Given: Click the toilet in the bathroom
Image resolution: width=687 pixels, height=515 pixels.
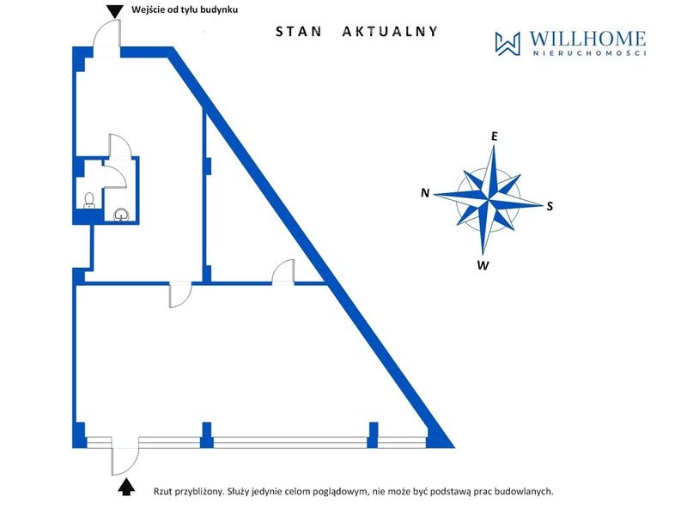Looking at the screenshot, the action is coord(89,201).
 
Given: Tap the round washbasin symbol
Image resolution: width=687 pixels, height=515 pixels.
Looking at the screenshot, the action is coord(121,215).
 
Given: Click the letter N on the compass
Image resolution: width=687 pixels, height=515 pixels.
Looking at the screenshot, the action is coord(425,192).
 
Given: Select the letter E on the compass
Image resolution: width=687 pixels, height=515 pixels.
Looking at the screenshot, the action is coord(495,136).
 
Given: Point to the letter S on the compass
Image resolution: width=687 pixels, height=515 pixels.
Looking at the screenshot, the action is coord(550,206).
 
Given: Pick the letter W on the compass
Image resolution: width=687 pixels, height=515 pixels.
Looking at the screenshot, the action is coord(483,265).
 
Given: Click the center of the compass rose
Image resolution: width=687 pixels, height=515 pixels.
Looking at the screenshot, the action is coord(488,199).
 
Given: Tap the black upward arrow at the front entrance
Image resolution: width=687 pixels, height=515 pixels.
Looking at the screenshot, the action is coord(126,487).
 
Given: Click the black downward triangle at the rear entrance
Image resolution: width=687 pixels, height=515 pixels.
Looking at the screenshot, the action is coord(114,11).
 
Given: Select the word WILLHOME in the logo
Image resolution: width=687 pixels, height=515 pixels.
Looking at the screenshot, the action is coord(587,39).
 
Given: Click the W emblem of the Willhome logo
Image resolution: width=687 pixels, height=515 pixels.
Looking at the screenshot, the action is coord(508,44).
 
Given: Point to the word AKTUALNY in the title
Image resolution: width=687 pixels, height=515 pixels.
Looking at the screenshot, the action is coord(390,32).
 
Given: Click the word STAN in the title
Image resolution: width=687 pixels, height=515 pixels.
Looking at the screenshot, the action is coord(298,32).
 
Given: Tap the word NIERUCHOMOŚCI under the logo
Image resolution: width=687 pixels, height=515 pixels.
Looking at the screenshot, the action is coord(589,53).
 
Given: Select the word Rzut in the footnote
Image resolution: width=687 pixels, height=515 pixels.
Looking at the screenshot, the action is coord(162,491).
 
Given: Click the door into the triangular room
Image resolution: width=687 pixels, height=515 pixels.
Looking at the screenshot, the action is coord(283,271).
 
